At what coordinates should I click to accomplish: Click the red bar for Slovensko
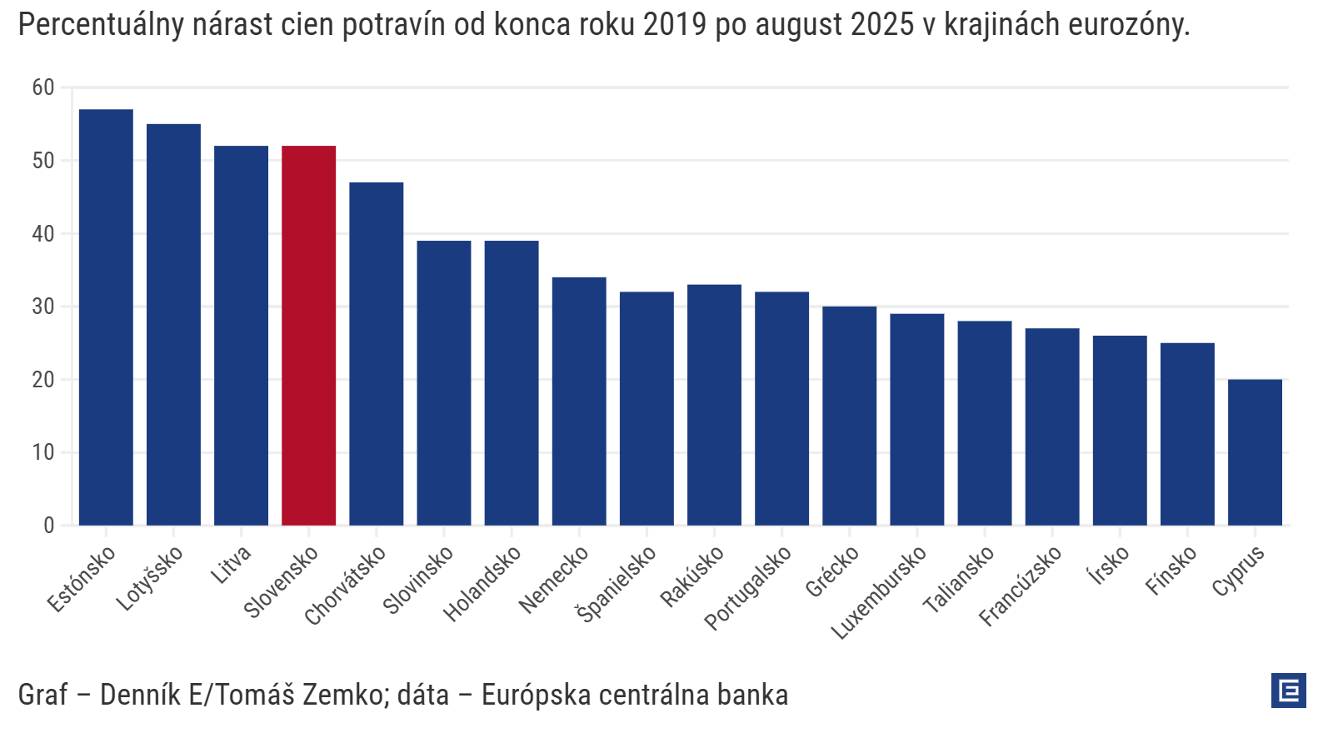tap(308, 336)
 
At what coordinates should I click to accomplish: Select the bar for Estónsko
tap(106, 317)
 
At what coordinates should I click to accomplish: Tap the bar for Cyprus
tap(1255, 452)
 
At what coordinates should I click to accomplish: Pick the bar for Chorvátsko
tap(376, 354)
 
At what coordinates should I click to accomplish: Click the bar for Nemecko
tap(579, 401)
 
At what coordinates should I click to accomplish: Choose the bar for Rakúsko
tap(714, 405)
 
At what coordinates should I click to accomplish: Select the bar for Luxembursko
tap(916, 420)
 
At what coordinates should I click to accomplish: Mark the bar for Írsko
tap(1120, 431)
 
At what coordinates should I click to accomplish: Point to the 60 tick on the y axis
tap(43, 87)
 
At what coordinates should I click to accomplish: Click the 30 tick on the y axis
tap(43, 307)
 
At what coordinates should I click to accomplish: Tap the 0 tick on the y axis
tap(49, 526)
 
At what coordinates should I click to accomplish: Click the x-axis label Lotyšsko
tap(149, 579)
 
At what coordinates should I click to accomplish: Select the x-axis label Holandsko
tap(482, 584)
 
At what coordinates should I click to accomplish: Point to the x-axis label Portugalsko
tap(747, 588)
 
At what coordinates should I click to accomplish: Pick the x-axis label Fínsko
tap(1171, 571)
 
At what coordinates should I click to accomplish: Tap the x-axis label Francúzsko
tap(1020, 586)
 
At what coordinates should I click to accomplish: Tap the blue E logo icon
tap(1288, 691)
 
